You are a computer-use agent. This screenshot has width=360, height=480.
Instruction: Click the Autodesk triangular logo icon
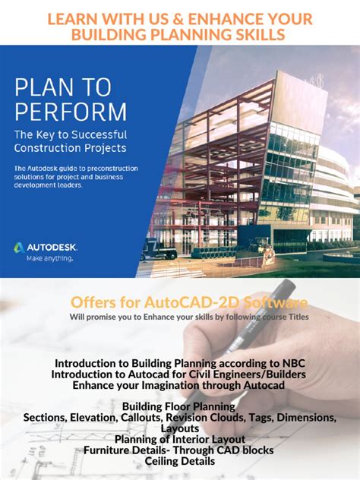point(19,247)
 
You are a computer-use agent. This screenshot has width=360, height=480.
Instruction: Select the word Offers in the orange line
point(94,303)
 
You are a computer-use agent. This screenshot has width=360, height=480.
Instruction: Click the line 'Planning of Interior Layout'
point(179,439)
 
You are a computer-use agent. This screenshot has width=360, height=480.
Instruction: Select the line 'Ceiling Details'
point(179,461)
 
